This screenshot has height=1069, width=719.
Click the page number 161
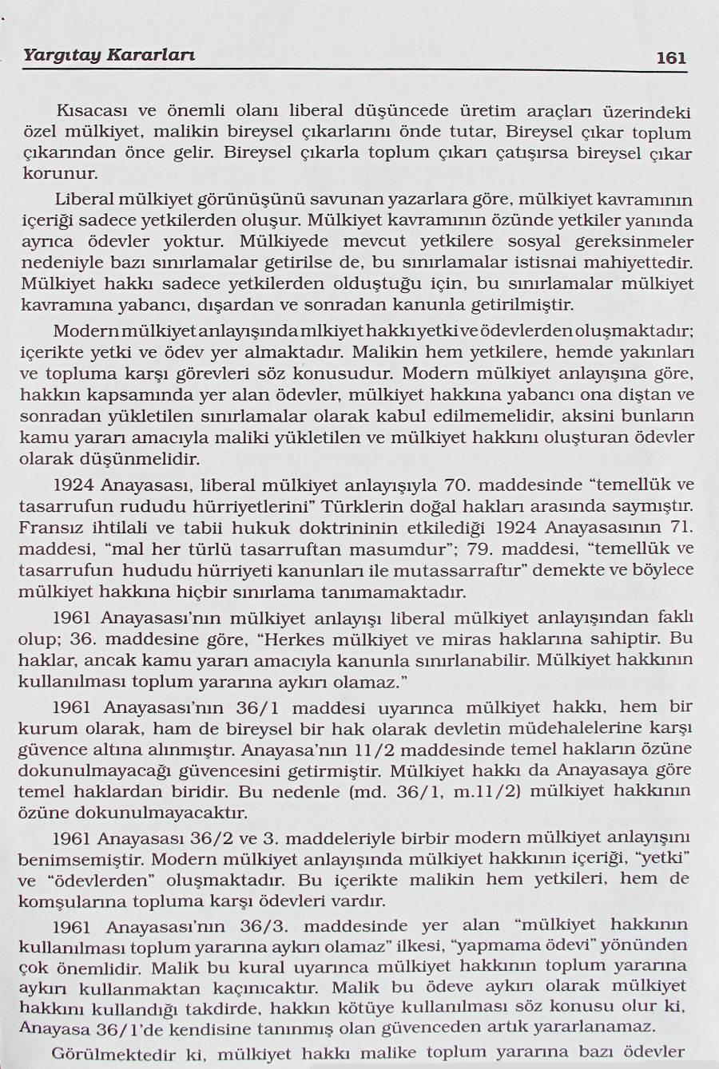670,57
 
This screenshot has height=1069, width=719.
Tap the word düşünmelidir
148,458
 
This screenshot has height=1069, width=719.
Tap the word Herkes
316,639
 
